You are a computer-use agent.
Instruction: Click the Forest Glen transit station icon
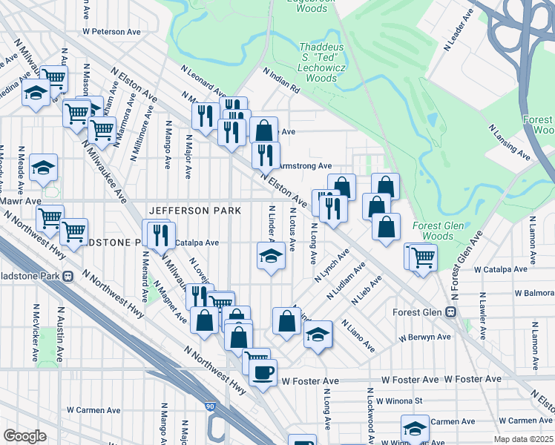(452, 312)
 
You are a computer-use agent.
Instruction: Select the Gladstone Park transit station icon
(68, 276)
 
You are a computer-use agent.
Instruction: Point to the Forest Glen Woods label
(438, 231)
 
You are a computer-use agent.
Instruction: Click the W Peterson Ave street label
(111, 32)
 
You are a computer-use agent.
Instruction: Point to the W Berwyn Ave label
(424, 337)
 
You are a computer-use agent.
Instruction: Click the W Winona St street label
(397, 401)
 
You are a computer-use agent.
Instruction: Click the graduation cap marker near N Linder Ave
(271, 257)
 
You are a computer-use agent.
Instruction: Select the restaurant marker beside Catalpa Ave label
(160, 235)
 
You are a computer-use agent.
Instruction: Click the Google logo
(24, 436)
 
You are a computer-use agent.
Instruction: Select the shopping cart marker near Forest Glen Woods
(422, 258)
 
